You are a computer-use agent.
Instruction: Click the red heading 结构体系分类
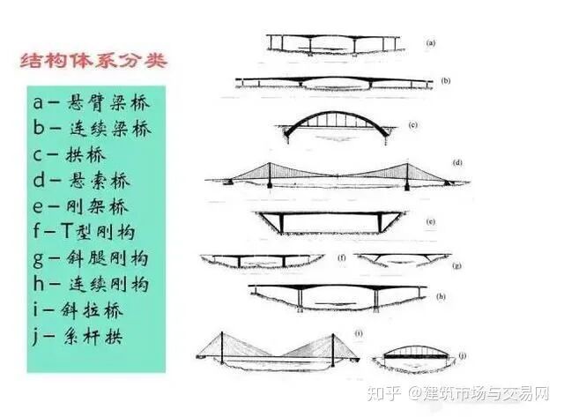point(93,64)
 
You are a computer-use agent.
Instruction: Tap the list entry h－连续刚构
point(92,284)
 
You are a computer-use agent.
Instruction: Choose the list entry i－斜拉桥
point(78,309)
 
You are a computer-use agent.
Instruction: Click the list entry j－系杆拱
point(78,336)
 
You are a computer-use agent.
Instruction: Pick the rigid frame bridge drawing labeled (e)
point(336,220)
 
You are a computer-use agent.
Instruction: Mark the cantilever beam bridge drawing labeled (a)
point(332,43)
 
